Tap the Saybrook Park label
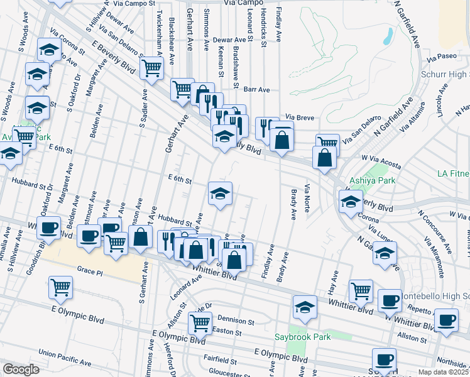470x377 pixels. (x=303, y=337)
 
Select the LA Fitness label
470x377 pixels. (x=453, y=173)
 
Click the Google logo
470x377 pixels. (x=21, y=369)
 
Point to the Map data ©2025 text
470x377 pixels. (x=442, y=372)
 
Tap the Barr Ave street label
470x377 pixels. (x=256, y=89)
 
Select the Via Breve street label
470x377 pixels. (x=299, y=117)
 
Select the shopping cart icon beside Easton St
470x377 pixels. (x=200, y=322)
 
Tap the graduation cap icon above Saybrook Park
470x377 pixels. (x=305, y=307)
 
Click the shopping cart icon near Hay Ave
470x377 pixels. (x=361, y=290)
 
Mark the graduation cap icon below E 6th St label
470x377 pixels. (x=220, y=193)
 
